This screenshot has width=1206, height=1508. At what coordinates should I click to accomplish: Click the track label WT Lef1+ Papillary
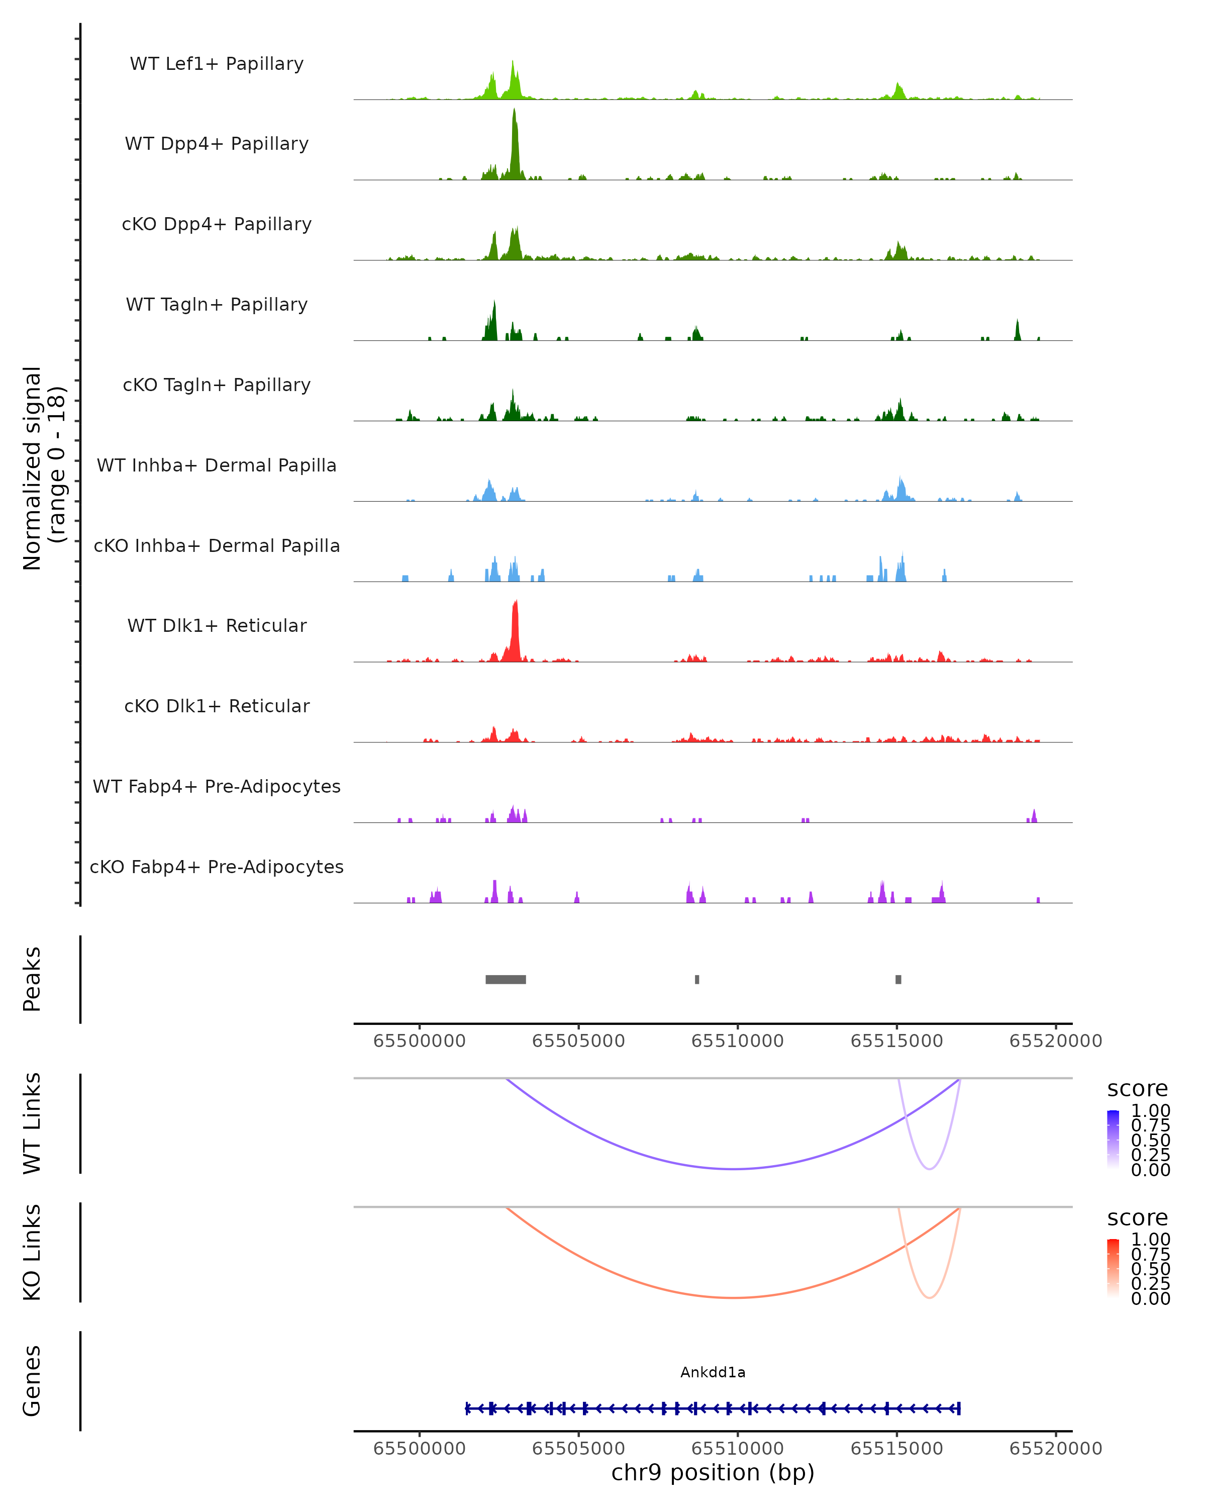pos(217,64)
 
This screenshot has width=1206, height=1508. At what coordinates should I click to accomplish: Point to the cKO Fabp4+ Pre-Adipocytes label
pos(217,867)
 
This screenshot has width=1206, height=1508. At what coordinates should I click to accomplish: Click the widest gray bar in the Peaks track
pos(506,979)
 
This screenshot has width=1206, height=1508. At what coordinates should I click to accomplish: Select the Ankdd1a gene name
pos(713,1372)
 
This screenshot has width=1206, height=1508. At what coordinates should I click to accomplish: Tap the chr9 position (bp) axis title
pos(713,1472)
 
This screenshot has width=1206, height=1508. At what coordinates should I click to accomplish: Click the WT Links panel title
pos(32,1123)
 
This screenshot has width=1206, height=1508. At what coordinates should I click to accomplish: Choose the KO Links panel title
pos(32,1252)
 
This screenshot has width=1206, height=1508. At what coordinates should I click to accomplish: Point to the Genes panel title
pos(32,1381)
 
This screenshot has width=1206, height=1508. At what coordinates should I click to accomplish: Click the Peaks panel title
pos(32,979)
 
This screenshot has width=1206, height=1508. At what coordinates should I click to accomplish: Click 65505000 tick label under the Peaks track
pos(578,1041)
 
